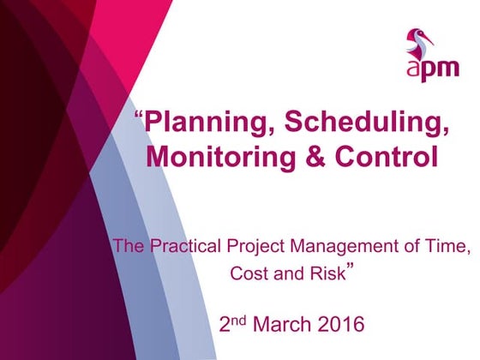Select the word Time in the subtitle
(x=448, y=248)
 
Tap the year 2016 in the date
(x=341, y=325)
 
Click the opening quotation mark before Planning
(x=140, y=117)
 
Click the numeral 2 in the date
(x=226, y=325)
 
